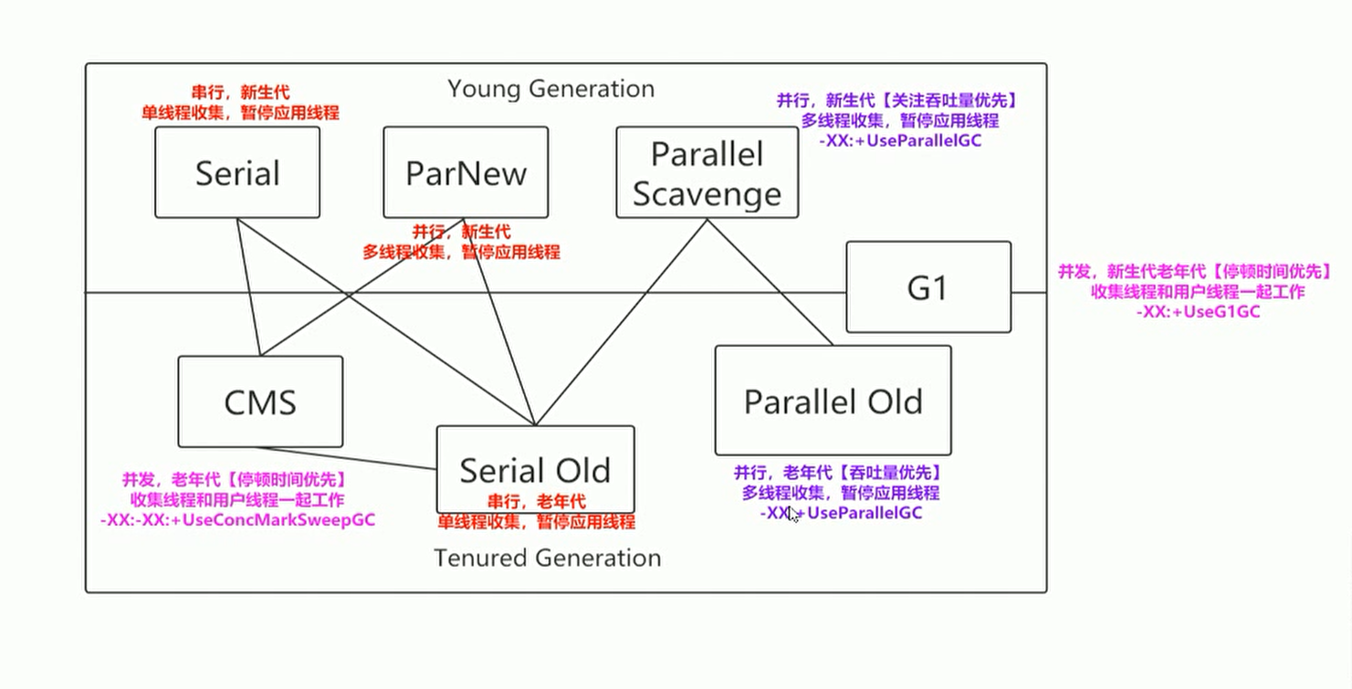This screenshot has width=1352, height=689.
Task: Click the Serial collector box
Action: coord(237,172)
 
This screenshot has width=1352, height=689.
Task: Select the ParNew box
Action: coord(466,172)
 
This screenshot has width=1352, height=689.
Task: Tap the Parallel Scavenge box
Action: coord(707,172)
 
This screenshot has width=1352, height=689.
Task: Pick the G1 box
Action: coord(928,287)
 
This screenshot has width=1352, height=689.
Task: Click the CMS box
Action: coord(260,402)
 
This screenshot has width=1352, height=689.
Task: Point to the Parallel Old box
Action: coord(833,401)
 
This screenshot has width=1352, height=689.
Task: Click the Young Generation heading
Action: coord(550,89)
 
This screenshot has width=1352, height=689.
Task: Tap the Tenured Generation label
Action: coord(547,558)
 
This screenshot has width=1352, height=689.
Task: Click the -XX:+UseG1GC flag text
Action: coord(1198,312)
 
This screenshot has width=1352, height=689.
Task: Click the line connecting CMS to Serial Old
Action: coord(347,458)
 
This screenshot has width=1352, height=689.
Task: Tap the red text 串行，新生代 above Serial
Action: coord(239,92)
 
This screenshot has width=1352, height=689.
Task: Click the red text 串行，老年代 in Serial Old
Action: coord(535,501)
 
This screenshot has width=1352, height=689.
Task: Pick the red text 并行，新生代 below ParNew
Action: coord(460,233)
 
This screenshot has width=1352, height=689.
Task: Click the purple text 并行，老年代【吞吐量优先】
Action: coord(837,473)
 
